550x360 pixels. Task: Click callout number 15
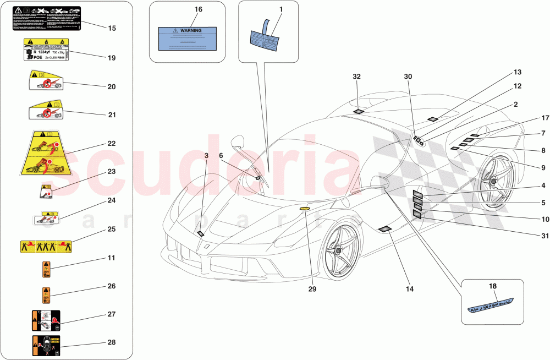112,28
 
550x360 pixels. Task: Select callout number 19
112,57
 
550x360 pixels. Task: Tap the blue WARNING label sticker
187,39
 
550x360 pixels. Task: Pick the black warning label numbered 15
46,18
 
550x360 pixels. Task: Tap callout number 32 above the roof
357,78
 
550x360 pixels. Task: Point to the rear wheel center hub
491,180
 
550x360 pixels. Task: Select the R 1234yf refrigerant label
46,50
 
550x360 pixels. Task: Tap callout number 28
112,342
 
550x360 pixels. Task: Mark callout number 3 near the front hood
206,156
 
